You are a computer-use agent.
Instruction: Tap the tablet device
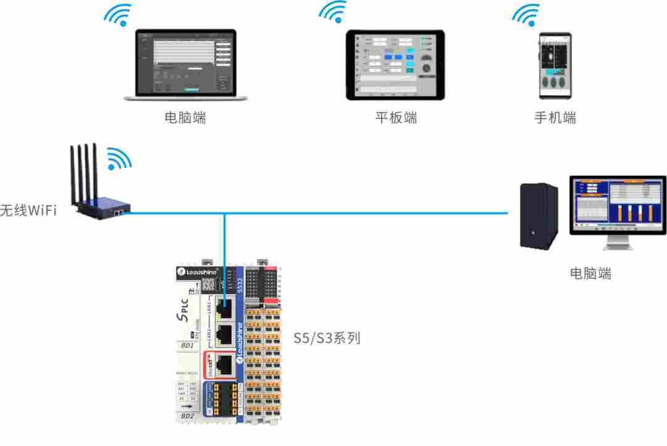[x=395, y=65]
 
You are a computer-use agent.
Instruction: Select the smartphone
[x=555, y=65]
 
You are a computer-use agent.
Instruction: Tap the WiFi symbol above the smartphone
[x=526, y=15]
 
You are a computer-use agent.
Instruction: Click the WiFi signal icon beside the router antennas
[x=119, y=159]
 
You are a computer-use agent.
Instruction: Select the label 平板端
[x=396, y=117]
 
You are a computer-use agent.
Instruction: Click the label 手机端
[x=555, y=117]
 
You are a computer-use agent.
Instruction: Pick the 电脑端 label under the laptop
[x=185, y=117]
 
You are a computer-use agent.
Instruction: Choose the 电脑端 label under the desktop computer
[x=590, y=273]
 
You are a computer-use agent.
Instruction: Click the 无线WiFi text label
[x=28, y=210]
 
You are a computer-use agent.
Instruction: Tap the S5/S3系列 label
[x=327, y=338]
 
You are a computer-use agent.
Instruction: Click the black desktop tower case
[x=539, y=216]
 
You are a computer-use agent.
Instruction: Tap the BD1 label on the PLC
[x=187, y=345]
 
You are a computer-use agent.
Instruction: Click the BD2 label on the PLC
[x=187, y=416]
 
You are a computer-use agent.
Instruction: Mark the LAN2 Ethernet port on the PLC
[x=225, y=334]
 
